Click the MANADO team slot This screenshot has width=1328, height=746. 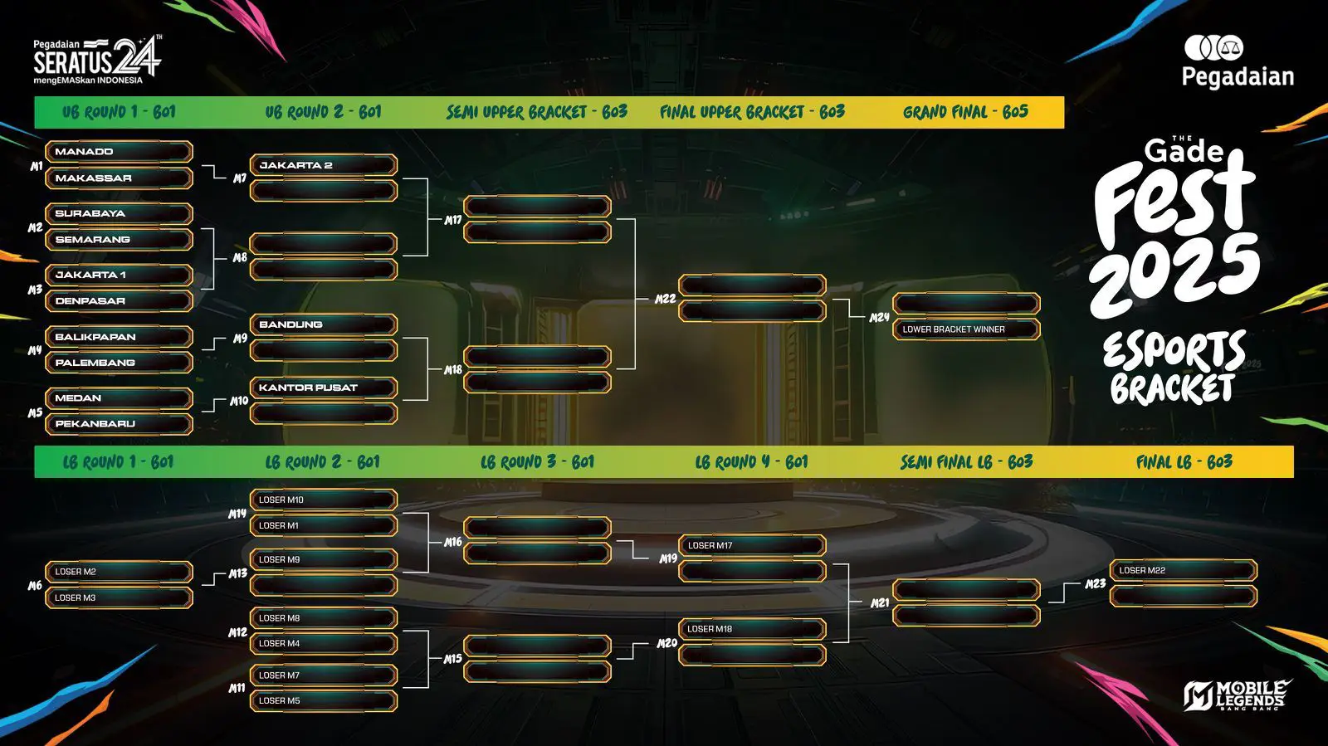118,152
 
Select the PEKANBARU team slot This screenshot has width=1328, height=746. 118,424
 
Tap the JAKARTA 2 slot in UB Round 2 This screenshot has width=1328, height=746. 323,165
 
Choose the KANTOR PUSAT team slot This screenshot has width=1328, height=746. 323,388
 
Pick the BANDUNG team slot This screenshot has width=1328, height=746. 323,324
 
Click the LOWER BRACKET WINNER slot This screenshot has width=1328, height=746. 965,329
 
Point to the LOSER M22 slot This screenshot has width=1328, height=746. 1183,571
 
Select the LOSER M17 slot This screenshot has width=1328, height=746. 751,545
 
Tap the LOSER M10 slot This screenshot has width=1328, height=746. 323,500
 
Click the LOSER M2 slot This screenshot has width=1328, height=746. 118,572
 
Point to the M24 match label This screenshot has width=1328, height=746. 879,318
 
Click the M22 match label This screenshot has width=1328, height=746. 665,299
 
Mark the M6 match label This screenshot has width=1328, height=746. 35,586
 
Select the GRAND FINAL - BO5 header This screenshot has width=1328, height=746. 965,112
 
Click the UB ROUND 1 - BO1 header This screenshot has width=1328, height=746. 119,112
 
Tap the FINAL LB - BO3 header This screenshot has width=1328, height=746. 1184,462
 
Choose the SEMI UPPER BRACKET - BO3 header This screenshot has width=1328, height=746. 536,112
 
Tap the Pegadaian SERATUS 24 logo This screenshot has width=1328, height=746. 97,60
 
